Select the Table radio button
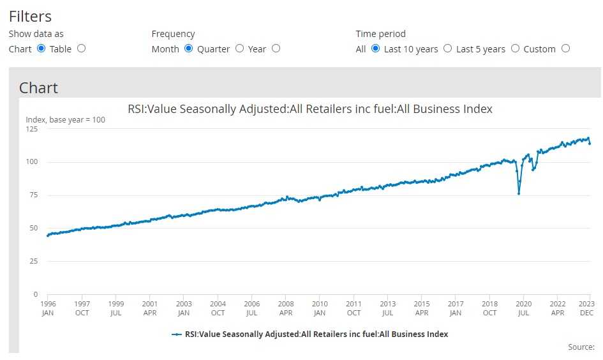pos(81,49)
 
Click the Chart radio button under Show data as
pos(41,49)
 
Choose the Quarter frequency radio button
pos(239,49)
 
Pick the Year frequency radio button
pos(276,49)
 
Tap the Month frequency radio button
pos(189,49)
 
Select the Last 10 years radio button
pos(447,49)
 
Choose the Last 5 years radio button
pos(515,49)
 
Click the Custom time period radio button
pos(565,49)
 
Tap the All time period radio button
pos(375,49)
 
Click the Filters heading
pos(30,17)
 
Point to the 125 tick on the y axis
pos(31,129)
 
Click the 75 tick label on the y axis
pos(33,195)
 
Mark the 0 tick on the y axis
pos(36,294)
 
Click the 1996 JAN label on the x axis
pos(48,308)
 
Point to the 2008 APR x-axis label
pos(286,308)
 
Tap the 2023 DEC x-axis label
pos(586,308)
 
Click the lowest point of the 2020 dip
pos(519,193)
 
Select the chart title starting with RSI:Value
pos(310,109)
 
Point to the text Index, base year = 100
pos(65,119)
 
